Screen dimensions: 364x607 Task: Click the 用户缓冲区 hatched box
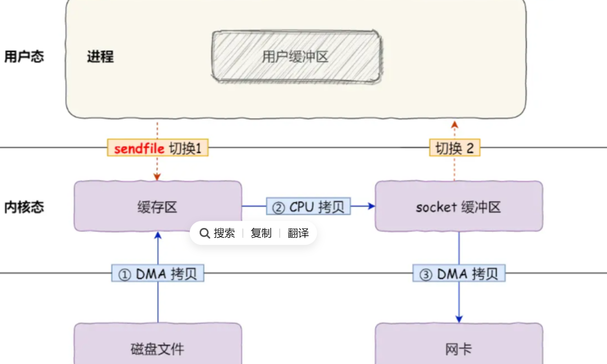(296, 57)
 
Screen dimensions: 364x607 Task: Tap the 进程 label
(100, 57)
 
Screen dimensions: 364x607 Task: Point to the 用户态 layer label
(24, 57)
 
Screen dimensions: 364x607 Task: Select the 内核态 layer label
(24, 207)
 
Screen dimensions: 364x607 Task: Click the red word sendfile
(139, 148)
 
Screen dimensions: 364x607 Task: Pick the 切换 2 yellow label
(454, 148)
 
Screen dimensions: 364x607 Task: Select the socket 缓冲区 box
(459, 207)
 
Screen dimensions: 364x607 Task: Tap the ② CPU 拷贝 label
(308, 207)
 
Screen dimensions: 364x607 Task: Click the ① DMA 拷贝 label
(157, 274)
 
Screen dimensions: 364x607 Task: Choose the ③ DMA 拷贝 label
(459, 274)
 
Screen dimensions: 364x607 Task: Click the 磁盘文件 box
(157, 348)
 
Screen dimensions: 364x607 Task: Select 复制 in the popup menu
(261, 233)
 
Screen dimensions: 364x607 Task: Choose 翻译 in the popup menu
(298, 233)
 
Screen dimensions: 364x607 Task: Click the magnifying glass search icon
(205, 233)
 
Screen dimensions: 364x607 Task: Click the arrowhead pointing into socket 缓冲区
(371, 206)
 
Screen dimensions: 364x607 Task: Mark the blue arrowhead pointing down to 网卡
(459, 318)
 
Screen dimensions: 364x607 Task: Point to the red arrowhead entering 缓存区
(157, 177)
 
